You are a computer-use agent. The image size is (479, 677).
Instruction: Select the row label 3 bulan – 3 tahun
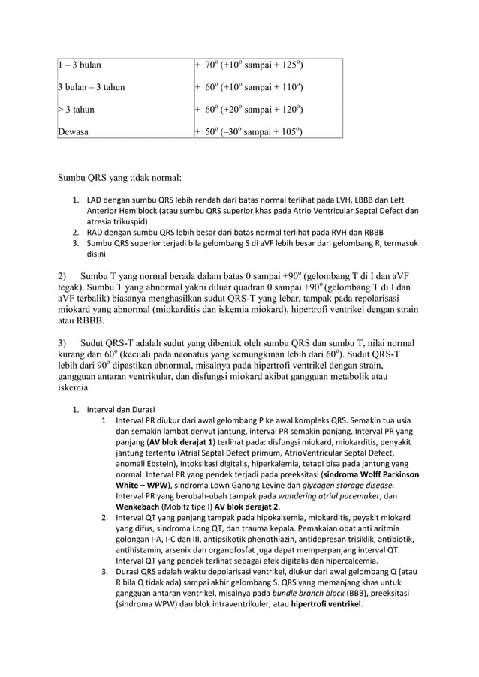coord(91,88)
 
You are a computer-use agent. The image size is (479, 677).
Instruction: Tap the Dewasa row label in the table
coord(74,133)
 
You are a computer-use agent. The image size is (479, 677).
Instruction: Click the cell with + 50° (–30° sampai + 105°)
coord(249,133)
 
